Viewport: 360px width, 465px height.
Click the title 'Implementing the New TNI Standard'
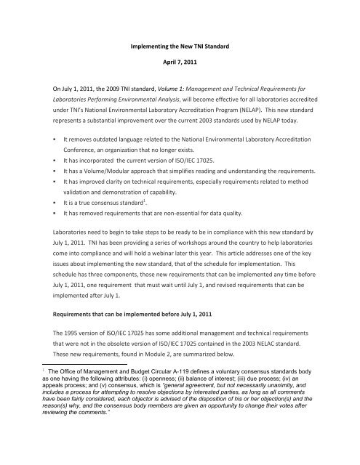point(180,47)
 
